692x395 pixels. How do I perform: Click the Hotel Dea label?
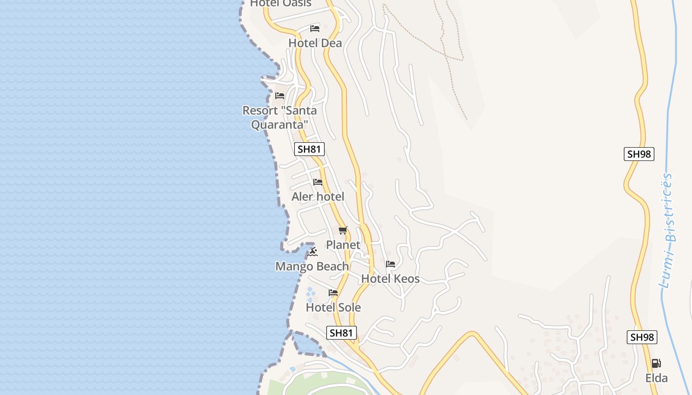(x=315, y=43)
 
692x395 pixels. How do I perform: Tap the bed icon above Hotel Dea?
(x=315, y=28)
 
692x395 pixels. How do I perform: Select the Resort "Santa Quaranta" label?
(x=280, y=118)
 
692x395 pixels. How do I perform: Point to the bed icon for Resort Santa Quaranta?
(x=280, y=95)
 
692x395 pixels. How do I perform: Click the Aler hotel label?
(x=318, y=197)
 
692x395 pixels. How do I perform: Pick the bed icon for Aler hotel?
(x=318, y=182)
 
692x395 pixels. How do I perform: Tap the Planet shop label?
(x=343, y=245)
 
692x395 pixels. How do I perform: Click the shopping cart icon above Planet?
(x=343, y=230)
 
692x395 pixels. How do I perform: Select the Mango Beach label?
(x=312, y=267)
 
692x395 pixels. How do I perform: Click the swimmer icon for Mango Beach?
(x=313, y=252)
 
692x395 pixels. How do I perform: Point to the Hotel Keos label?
(x=390, y=278)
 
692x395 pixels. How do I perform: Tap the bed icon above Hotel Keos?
(x=390, y=264)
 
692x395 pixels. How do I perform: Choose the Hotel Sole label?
(x=333, y=308)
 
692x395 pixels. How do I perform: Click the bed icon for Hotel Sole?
(x=333, y=293)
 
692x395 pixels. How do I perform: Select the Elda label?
(x=656, y=378)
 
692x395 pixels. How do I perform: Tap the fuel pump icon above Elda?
(x=656, y=363)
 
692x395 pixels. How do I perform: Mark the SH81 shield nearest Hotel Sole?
(x=341, y=333)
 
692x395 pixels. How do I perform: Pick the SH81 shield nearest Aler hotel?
(x=309, y=149)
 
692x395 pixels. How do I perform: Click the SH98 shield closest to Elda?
(x=642, y=337)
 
